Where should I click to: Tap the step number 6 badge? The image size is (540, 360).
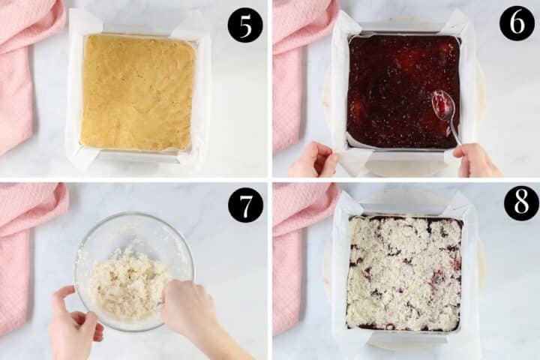point(517,23)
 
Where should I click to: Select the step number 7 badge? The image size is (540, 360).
point(245,205)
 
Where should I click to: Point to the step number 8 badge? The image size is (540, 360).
point(520,203)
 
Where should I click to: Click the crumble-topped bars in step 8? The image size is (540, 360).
point(403,274)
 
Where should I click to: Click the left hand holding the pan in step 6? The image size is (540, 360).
point(313,160)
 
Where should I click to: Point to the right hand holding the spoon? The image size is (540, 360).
point(477,160)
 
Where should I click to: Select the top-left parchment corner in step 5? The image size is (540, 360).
point(84,22)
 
